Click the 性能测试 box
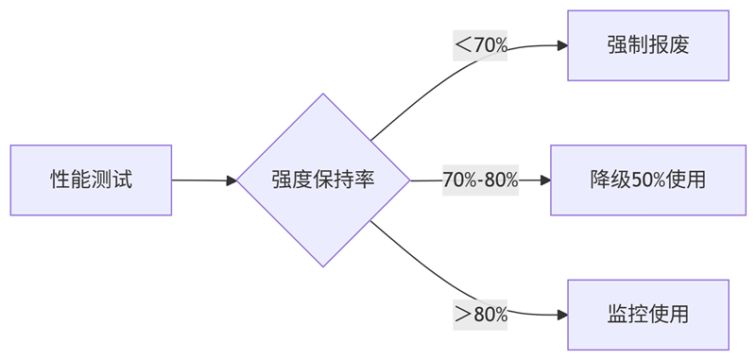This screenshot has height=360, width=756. tap(91, 180)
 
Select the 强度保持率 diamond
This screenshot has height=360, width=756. tap(323, 180)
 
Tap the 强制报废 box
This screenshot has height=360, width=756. tap(648, 45)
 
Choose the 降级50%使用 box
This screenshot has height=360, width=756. tap(648, 180)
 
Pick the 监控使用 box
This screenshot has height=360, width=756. tap(648, 315)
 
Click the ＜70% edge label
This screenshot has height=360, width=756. tap(480, 44)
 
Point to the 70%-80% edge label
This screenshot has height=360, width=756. tap(480, 180)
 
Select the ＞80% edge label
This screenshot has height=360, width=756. tap(480, 315)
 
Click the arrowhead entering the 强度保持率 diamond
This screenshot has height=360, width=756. tap(232, 180)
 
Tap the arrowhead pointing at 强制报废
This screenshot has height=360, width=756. tap(562, 45)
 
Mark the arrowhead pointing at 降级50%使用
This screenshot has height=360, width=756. tap(545, 180)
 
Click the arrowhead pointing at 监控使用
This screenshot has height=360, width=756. tap(562, 315)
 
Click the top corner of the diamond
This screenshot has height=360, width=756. tap(323, 94)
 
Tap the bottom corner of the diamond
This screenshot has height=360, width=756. tap(323, 266)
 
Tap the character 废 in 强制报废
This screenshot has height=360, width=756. tap(679, 45)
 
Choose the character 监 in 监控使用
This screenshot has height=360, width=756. tap(618, 315)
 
